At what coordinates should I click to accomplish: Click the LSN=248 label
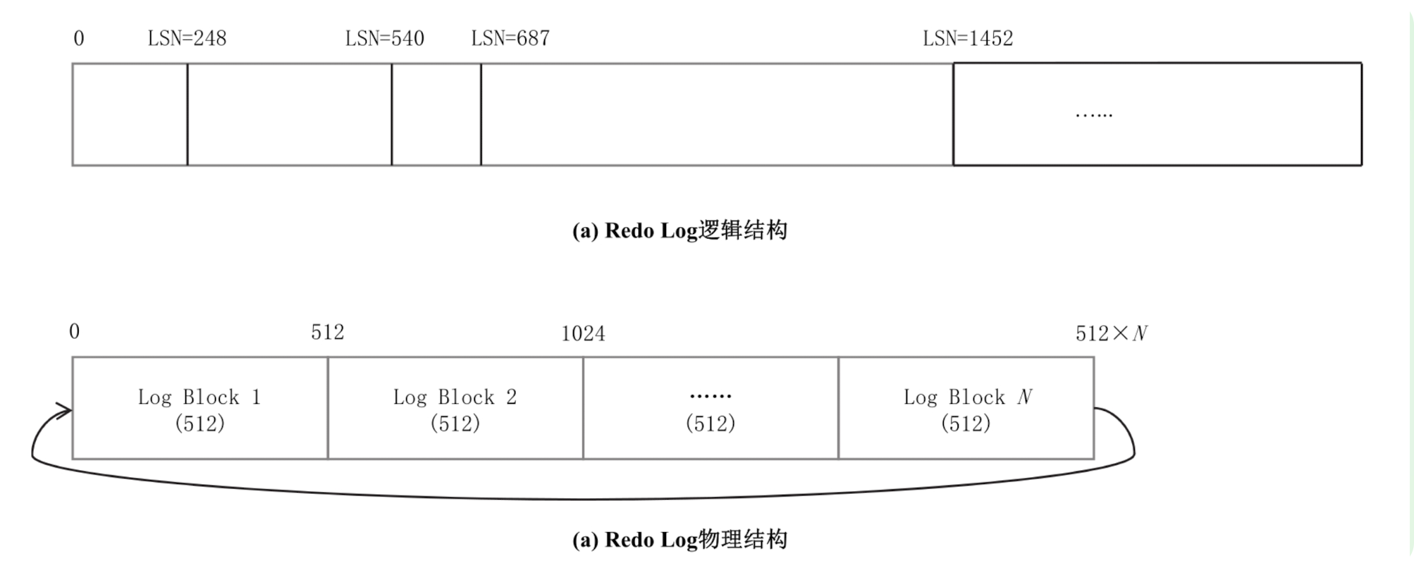point(187,38)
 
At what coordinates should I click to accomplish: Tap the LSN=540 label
point(385,38)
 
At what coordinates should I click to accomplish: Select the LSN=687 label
point(510,38)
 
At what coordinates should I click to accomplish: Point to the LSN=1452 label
point(968,38)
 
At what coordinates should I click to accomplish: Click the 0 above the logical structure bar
point(79,38)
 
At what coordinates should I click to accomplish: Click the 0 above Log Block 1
point(75,331)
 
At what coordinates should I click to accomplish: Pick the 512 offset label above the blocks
point(328,332)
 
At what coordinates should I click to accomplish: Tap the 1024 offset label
point(583,333)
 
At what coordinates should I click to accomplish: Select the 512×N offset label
point(1111,333)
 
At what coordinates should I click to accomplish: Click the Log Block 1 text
point(199,397)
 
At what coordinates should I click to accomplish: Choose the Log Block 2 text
point(455,397)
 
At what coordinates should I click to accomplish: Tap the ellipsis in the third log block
point(710,397)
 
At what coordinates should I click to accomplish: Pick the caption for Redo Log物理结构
point(680,540)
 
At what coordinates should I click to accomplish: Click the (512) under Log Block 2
point(455,423)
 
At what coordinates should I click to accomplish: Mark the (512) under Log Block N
point(966,423)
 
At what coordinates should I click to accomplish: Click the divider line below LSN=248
point(187,115)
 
